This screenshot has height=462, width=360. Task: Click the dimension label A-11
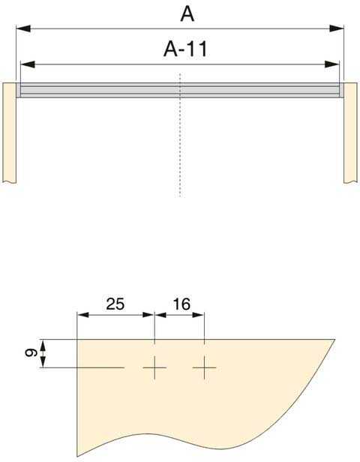[185, 49]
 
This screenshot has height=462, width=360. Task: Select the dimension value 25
[115, 304]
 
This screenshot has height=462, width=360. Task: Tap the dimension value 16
[181, 304]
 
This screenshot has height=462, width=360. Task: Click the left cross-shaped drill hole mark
[154, 367]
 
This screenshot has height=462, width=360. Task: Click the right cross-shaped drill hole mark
[204, 367]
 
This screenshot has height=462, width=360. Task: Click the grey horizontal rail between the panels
[180, 90]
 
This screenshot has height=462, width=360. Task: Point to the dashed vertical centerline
[180, 150]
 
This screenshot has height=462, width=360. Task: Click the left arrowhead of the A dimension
[22, 28]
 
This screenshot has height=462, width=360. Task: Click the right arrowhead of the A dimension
[338, 28]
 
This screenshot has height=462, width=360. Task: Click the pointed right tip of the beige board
[334, 340]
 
